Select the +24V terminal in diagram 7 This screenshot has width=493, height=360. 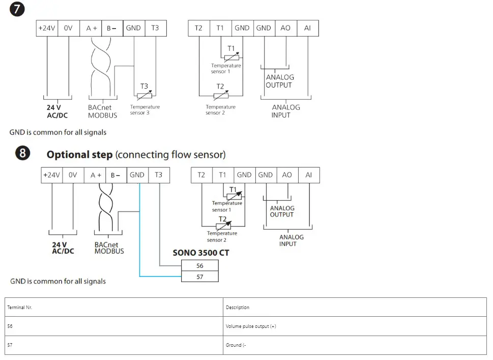[47, 28]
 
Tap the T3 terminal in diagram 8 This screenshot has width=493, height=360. [159, 175]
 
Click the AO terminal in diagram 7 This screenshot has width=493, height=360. [285, 28]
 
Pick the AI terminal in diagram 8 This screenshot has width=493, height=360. [309, 175]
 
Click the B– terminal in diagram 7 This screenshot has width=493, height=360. [111, 28]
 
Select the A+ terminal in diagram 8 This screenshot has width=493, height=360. [96, 175]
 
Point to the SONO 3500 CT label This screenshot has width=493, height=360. [200, 252]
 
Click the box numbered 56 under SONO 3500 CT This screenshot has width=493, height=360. [199, 266]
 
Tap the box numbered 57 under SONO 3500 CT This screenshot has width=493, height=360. [199, 276]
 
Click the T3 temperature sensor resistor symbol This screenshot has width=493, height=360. [144, 94]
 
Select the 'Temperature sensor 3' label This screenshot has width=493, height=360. [144, 109]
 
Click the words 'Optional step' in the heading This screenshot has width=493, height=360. [79, 154]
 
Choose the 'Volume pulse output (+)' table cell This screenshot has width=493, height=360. [251, 326]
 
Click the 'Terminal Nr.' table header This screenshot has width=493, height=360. [20, 308]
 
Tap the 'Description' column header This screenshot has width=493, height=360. [238, 308]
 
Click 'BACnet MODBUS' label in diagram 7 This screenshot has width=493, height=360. [102, 111]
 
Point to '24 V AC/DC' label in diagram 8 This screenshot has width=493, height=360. [63, 248]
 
